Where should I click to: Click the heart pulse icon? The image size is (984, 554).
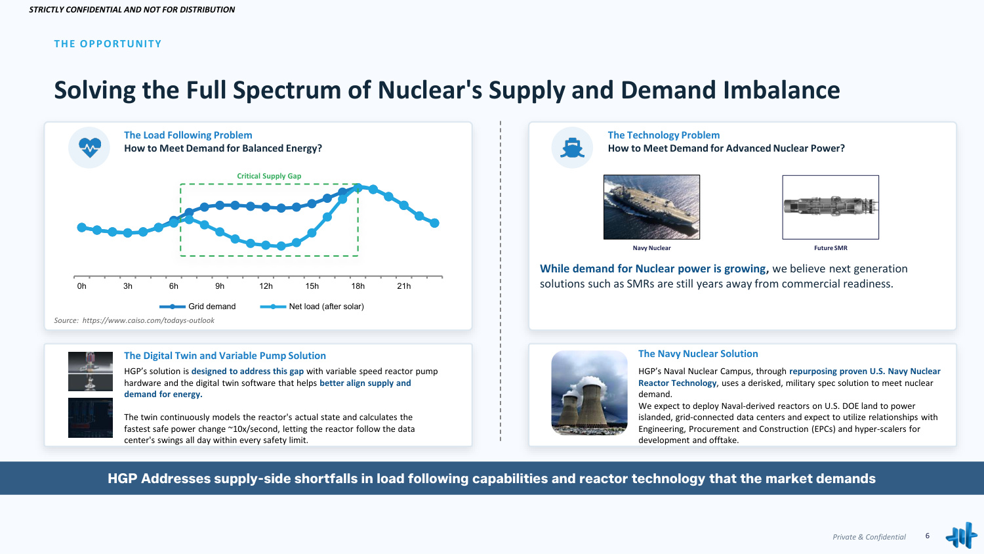pyautogui.click(x=90, y=147)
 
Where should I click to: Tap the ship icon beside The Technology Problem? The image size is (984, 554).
pyautogui.click(x=572, y=148)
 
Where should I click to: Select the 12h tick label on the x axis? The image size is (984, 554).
pyautogui.click(x=266, y=286)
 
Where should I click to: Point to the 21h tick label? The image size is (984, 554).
pyautogui.click(x=403, y=286)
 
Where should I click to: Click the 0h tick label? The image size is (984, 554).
pyautogui.click(x=82, y=286)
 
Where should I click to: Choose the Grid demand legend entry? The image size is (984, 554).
pyautogui.click(x=197, y=307)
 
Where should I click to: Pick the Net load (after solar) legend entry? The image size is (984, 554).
pyautogui.click(x=312, y=307)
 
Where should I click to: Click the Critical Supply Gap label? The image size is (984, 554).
pyautogui.click(x=269, y=176)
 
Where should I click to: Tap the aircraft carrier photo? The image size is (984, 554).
pyautogui.click(x=651, y=207)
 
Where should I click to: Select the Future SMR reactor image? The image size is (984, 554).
pyautogui.click(x=830, y=207)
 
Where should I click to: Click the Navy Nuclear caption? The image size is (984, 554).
pyautogui.click(x=651, y=248)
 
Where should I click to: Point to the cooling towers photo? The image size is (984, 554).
pyautogui.click(x=589, y=393)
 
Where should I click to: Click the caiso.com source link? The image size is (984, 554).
pyautogui.click(x=148, y=320)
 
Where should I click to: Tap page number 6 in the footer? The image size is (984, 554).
pyautogui.click(x=928, y=536)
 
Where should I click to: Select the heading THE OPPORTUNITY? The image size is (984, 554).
pyautogui.click(x=108, y=44)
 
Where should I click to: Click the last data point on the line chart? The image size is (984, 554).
pyautogui.click(x=434, y=223)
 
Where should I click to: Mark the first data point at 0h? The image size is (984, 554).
pyautogui.click(x=82, y=227)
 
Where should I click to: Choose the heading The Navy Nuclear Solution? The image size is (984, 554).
pyautogui.click(x=698, y=354)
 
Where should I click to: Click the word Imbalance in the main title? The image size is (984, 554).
pyautogui.click(x=781, y=90)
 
